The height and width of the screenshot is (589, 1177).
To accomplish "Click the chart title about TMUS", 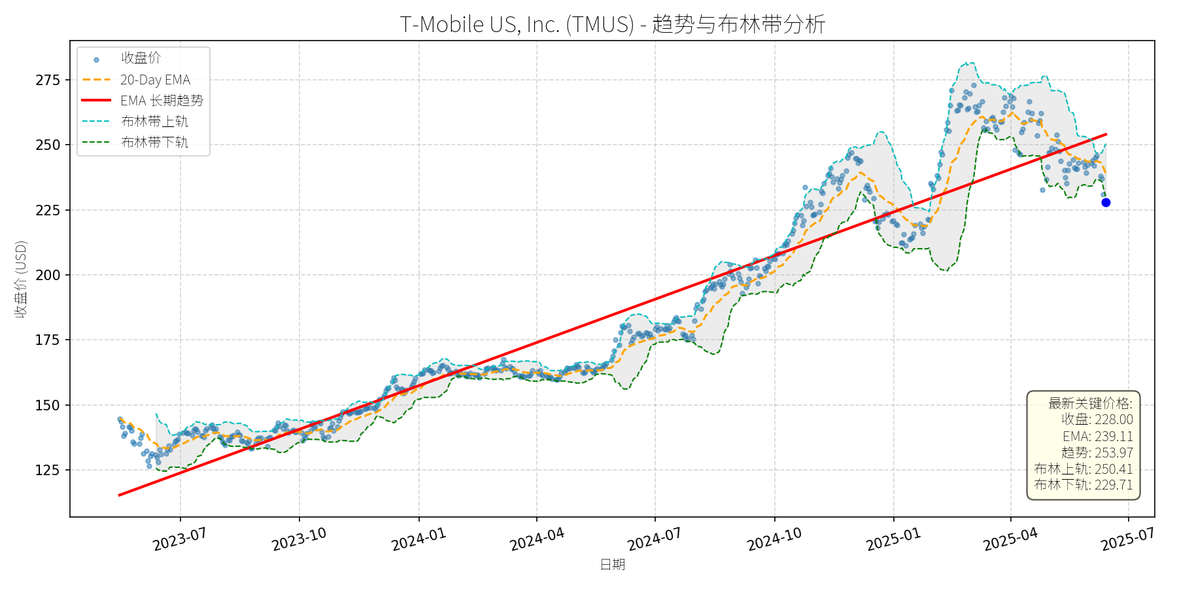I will tap(612, 24).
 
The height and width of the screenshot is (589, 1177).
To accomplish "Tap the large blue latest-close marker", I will tap(1106, 202).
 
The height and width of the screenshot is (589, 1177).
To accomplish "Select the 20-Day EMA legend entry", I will tap(155, 80).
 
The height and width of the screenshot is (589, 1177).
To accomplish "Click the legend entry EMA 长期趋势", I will tap(162, 101).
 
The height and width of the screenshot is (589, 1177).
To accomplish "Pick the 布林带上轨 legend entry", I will tap(154, 122).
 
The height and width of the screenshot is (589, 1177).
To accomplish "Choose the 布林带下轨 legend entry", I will tap(154, 143).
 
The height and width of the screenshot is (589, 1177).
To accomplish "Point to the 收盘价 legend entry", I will tap(141, 58).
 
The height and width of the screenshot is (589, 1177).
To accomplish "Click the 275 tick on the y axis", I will tap(48, 80).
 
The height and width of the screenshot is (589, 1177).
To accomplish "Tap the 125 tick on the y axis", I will tap(48, 470).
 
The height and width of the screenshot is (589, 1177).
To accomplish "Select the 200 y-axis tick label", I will tap(48, 276).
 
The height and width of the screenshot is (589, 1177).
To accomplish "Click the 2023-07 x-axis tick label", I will tap(180, 540).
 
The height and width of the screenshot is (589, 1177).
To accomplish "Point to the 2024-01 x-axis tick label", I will tap(418, 540).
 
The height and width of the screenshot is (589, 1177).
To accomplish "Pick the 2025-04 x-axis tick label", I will tap(1010, 540).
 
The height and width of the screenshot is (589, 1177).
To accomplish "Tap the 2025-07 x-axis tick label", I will tap(1127, 540).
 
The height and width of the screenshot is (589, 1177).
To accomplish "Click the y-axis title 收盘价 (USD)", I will tap(21, 279).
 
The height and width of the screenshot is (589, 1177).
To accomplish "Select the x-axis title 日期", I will tap(612, 565).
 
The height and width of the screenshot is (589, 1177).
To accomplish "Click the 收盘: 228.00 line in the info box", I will tap(1097, 419).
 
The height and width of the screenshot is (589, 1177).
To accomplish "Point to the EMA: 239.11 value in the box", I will tap(1097, 437).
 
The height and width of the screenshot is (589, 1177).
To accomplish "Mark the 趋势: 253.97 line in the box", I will tap(1097, 453).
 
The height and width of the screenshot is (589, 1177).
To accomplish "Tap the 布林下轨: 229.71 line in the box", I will tap(1083, 485).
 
